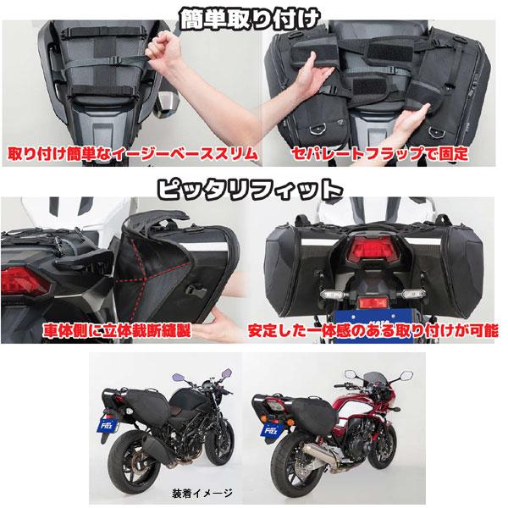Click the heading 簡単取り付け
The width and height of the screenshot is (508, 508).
point(254,16)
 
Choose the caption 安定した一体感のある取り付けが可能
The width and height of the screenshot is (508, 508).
point(378,324)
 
